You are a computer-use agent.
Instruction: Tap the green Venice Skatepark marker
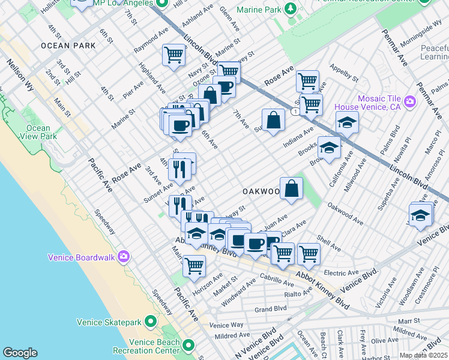coord(149,322)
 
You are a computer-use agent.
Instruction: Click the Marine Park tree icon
coord(291,8)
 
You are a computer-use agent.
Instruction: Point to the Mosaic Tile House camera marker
coord(410,101)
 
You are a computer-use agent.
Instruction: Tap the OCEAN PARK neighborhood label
coord(65,46)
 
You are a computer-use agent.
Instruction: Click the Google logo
coord(20,352)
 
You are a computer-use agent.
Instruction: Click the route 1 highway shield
coord(295,112)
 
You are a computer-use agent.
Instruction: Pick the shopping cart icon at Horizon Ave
coord(194,265)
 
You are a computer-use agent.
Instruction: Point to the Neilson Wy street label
coord(20,74)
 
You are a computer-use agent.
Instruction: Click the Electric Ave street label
coord(341,272)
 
